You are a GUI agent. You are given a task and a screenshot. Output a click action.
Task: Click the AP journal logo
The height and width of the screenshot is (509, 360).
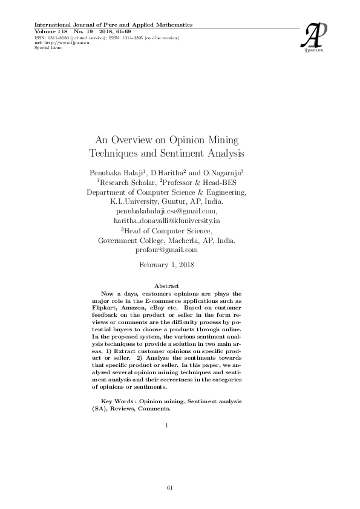317,37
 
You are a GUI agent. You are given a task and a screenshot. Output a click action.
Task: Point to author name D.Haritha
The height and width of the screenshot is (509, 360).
168,172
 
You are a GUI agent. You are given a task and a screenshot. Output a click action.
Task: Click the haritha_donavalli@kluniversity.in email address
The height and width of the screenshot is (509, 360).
166,221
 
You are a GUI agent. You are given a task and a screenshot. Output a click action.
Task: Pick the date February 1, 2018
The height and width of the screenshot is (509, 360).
166,265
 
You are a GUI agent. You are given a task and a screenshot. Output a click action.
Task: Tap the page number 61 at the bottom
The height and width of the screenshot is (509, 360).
170,487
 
